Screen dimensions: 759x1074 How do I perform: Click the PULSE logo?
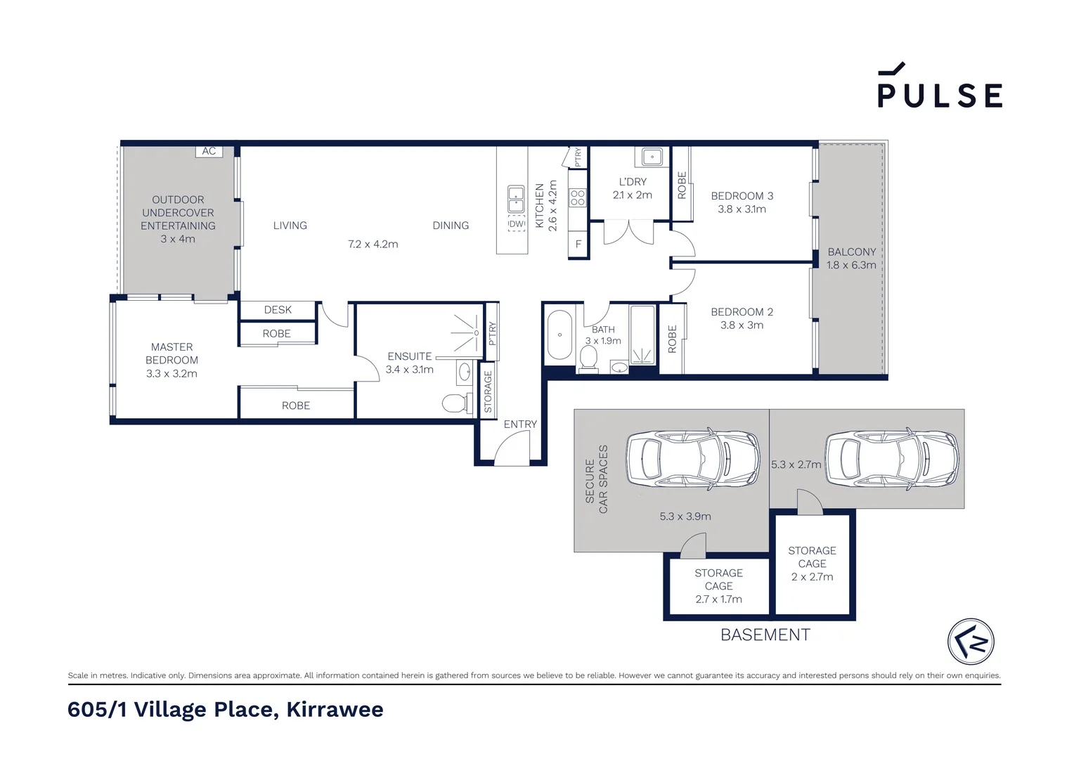(x=939, y=87)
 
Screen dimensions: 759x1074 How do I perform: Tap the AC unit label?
(x=209, y=151)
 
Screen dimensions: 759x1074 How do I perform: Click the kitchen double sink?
(x=516, y=200)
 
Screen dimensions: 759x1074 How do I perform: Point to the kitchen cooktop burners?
(x=577, y=197)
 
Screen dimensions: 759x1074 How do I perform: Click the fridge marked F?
(x=578, y=245)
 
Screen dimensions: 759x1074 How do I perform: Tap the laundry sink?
(x=651, y=157)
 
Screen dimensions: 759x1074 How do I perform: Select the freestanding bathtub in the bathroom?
(x=559, y=335)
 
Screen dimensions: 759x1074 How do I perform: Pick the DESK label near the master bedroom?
(x=278, y=310)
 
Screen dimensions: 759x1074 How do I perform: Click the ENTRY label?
(x=520, y=424)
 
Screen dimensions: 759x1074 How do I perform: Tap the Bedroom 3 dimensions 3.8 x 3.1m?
(x=742, y=209)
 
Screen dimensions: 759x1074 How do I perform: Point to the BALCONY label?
(x=851, y=252)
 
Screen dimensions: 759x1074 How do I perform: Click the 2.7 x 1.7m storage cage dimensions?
(x=718, y=599)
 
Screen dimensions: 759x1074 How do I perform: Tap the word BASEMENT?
(x=765, y=635)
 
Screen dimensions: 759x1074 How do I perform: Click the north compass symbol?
(x=971, y=641)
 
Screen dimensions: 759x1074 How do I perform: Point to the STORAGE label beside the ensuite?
(x=488, y=391)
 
